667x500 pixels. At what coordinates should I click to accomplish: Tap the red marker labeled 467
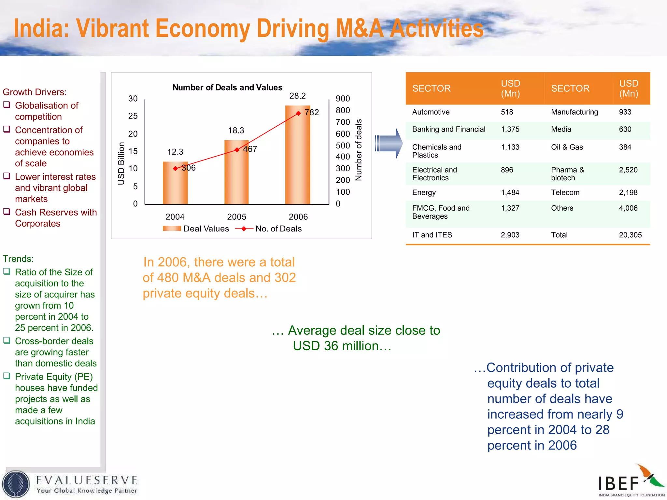pyautogui.click(x=237, y=150)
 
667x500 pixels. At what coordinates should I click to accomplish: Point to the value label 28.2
pyautogui.click(x=297, y=96)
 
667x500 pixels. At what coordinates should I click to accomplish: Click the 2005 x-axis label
pyautogui.click(x=236, y=217)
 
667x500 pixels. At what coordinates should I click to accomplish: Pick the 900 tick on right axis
pyautogui.click(x=343, y=99)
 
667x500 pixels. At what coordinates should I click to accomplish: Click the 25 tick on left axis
pyautogui.click(x=133, y=116)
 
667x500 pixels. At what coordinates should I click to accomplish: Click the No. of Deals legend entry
pyautogui.click(x=269, y=229)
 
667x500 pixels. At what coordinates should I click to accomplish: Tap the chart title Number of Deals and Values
pyautogui.click(x=227, y=88)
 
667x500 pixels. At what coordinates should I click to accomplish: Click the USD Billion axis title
pyautogui.click(x=121, y=163)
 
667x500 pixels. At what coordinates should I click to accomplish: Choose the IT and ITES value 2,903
pyautogui.click(x=510, y=235)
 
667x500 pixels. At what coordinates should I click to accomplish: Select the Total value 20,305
pyautogui.click(x=630, y=235)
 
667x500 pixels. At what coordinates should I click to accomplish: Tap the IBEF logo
pyautogui.click(x=631, y=481)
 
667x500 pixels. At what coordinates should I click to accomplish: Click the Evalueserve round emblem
pyautogui.click(x=16, y=484)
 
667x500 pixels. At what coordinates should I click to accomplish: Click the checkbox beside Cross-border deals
pyautogui.click(x=7, y=340)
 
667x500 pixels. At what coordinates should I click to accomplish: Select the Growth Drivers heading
pyautogui.click(x=35, y=92)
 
